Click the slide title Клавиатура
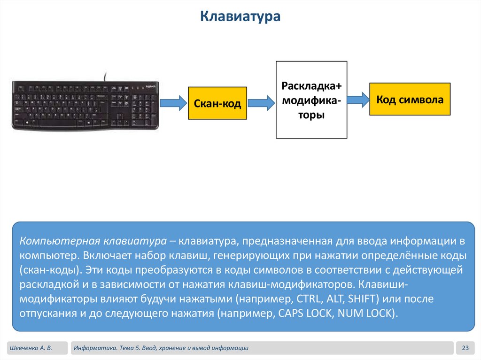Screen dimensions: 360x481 point(240,17)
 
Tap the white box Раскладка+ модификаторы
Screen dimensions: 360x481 point(311,100)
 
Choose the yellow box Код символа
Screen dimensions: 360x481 point(410,99)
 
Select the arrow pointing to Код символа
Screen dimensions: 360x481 point(358,99)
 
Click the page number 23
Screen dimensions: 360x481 point(465,348)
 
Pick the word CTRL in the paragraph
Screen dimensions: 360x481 point(308,299)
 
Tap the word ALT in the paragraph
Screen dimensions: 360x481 point(333,299)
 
